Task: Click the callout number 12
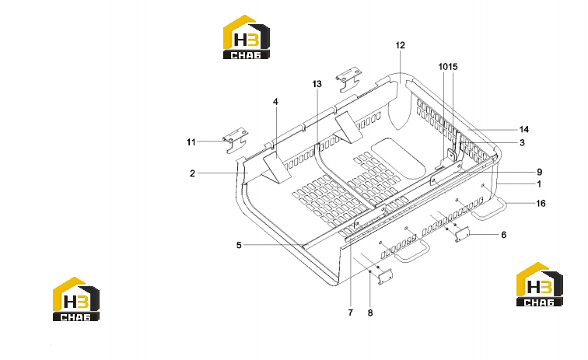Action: [400, 45]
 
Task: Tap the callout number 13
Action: [317, 84]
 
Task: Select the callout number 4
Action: [275, 102]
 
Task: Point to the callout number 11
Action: [191, 142]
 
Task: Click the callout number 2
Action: [192, 173]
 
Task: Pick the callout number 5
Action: [239, 245]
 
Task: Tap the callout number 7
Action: [351, 313]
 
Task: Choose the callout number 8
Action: [370, 313]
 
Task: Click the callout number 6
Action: [504, 235]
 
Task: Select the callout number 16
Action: [541, 204]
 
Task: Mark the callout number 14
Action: [524, 129]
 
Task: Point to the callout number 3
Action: [522, 143]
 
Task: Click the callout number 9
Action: [539, 172]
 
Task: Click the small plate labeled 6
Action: [462, 234]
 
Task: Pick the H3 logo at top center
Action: [247, 37]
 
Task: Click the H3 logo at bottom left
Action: [76, 299]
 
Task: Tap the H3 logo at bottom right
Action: [540, 285]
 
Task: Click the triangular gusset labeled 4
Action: [278, 169]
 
